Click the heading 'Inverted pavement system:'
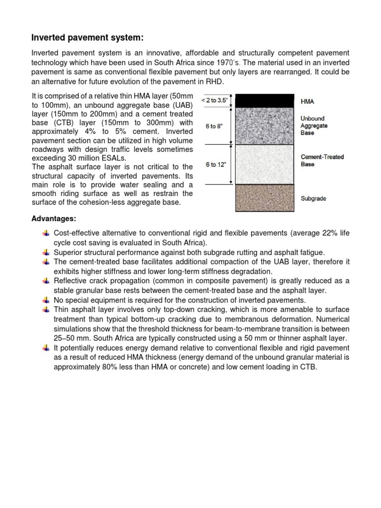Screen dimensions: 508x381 click(88, 37)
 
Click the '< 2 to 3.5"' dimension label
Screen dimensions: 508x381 click(215, 100)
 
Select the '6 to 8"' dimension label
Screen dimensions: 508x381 click(214, 127)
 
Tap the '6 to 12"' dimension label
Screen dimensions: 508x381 click(215, 165)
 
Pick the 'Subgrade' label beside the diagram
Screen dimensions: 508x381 click(314, 198)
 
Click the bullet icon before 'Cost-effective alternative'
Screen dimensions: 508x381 click(46, 233)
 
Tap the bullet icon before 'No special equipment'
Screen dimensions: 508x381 click(46, 300)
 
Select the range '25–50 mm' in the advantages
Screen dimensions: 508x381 click(70, 338)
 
